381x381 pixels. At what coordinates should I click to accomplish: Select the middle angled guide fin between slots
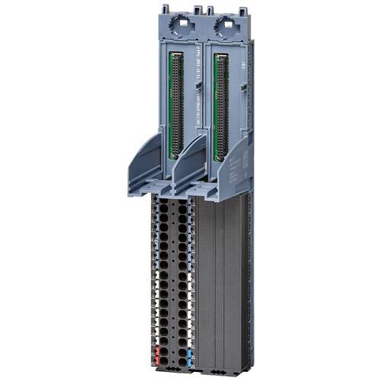click(187, 164)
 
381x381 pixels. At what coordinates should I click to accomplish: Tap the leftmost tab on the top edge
click(163, 8)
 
